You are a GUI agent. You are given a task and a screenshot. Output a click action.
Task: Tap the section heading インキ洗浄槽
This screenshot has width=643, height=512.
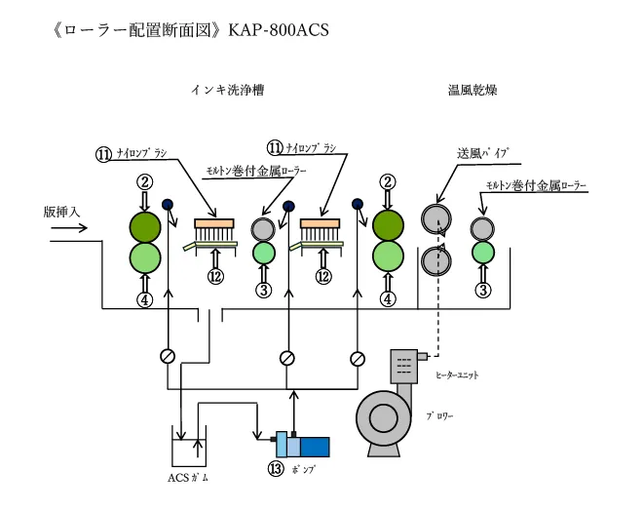[x=226, y=91]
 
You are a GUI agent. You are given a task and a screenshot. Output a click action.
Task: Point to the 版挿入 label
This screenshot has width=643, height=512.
[x=63, y=211]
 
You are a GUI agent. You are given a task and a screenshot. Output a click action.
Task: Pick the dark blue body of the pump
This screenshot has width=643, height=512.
[x=315, y=444]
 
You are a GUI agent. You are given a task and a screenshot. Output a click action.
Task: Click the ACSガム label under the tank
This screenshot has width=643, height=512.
[x=188, y=477]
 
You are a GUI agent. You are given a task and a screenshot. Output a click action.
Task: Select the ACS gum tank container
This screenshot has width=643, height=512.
[x=188, y=446]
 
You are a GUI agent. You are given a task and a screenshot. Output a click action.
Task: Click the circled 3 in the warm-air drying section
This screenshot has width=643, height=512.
[x=482, y=289]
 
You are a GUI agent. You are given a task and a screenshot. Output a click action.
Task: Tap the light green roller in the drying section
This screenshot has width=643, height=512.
[x=482, y=252]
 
